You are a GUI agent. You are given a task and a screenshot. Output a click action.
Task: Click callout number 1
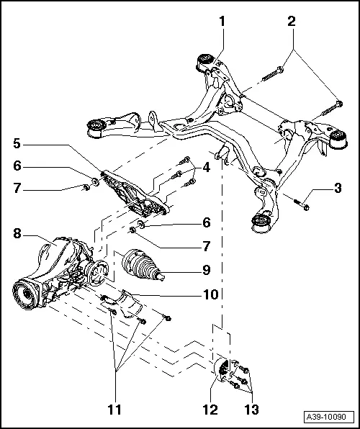pos(222,21)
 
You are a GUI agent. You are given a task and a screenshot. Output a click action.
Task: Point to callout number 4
pos(207,168)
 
